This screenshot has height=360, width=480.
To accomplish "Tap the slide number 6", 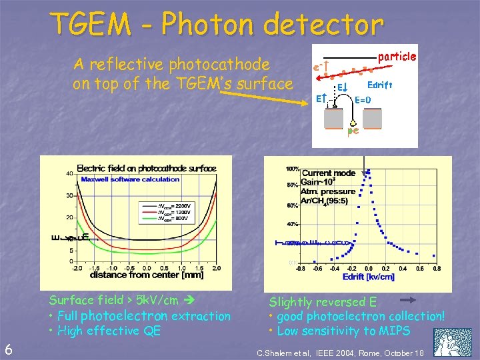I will [x=8, y=348].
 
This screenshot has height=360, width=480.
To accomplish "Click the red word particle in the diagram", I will [x=397, y=57].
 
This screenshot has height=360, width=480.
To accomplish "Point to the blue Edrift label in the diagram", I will [x=380, y=85].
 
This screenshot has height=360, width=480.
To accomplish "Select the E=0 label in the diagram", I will [x=363, y=100].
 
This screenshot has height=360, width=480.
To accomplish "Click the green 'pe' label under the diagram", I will [x=353, y=130].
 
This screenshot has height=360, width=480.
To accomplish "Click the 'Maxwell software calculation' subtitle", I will [x=130, y=179].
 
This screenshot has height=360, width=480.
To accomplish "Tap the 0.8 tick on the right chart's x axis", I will [x=437, y=269].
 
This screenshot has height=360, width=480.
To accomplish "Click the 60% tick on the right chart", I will [x=292, y=206].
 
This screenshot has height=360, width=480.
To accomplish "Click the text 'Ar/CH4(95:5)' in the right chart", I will [x=333, y=199].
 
